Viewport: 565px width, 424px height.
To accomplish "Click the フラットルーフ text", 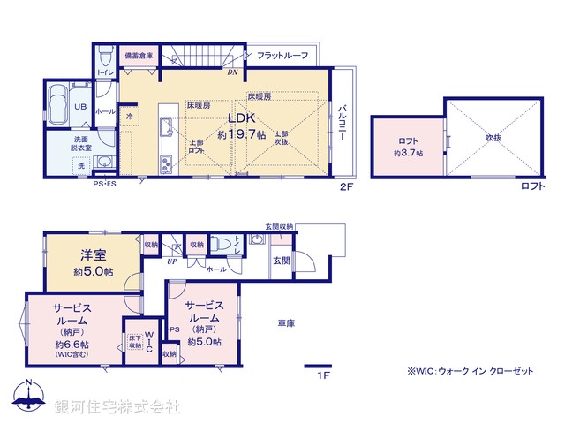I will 282,56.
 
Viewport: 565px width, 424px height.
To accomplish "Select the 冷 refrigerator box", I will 130,115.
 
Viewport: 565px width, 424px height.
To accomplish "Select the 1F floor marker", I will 324,375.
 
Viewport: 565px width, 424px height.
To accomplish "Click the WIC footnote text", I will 470,372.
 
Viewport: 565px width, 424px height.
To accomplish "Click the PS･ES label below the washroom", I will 105,184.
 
